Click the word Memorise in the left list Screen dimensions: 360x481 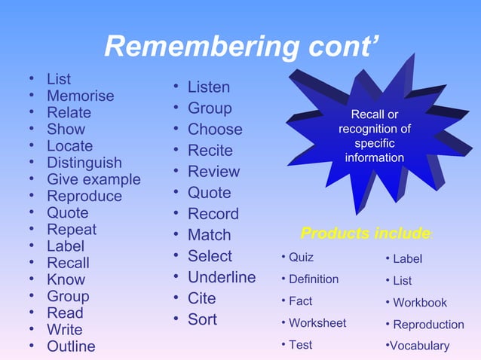[80, 96]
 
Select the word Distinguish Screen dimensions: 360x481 [84, 163]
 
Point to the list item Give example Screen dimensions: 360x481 [93, 179]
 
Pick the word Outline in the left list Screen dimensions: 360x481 [71, 346]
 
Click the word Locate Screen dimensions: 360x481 [69, 146]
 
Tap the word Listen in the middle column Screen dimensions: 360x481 [209, 87]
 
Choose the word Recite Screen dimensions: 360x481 [210, 151]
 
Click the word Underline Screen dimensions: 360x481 [222, 277]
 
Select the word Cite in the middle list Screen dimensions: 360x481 [202, 298]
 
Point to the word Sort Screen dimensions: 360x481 [202, 319]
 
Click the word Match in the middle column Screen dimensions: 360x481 [209, 235]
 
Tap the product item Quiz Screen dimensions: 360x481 [301, 258]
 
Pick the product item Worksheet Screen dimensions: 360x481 [317, 322]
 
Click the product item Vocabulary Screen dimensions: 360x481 [419, 346]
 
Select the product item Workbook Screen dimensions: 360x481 [420, 303]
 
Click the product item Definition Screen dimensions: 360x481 [314, 279]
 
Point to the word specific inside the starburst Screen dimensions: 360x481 [374, 143]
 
